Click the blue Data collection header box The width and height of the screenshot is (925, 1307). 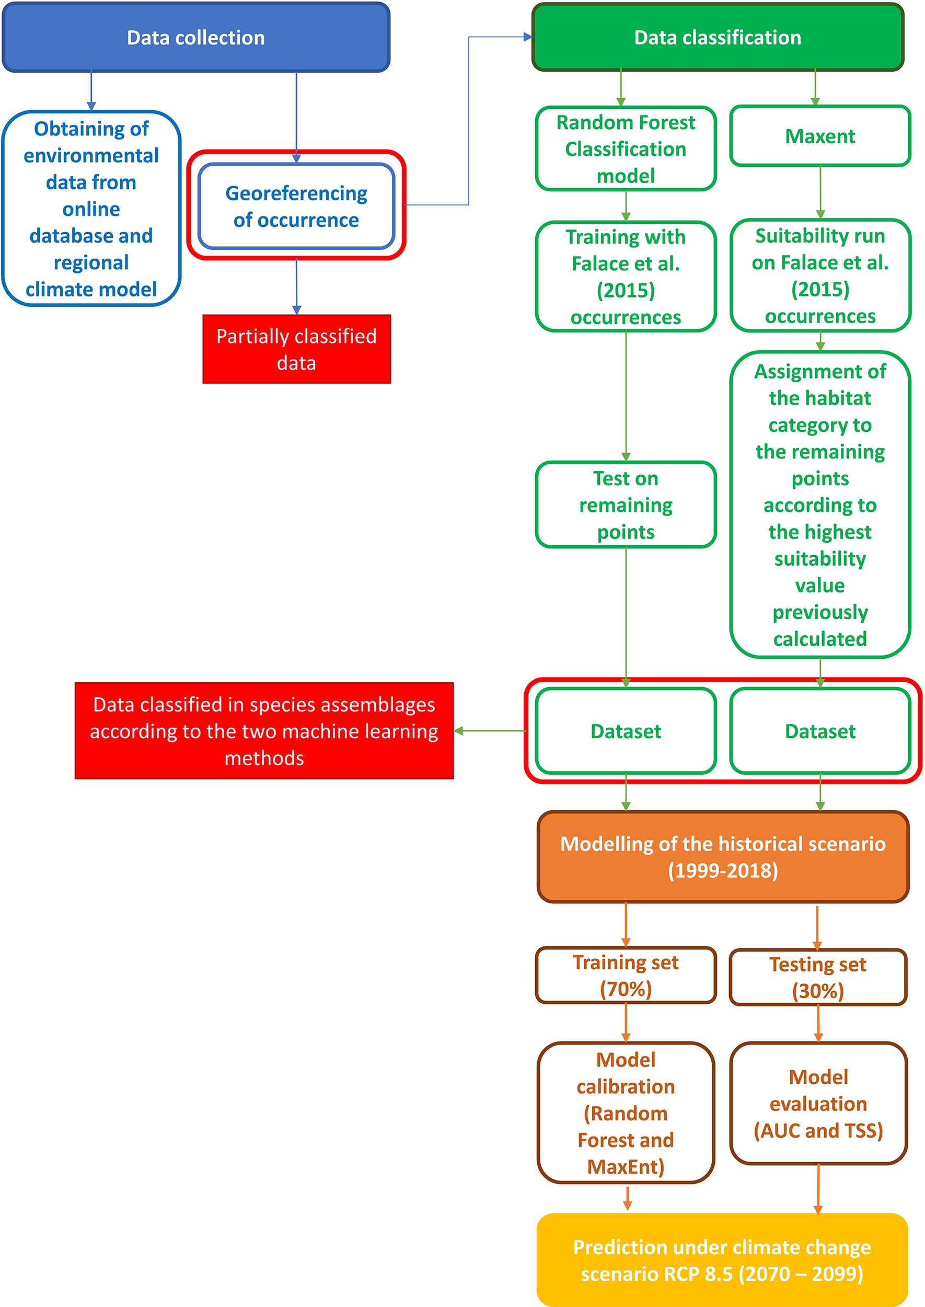click(196, 38)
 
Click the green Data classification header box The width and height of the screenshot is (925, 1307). click(717, 38)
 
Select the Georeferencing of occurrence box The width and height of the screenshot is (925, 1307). click(296, 207)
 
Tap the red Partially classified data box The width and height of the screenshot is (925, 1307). click(296, 349)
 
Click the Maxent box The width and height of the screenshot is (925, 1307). click(819, 136)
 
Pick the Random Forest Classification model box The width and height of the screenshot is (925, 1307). click(626, 148)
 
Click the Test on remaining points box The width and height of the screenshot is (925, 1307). click(626, 505)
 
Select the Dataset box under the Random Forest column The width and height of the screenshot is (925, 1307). click(626, 731)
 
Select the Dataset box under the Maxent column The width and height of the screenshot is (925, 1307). click(819, 731)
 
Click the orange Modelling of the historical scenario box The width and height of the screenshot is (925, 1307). click(722, 857)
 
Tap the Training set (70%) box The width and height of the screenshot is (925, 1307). click(626, 976)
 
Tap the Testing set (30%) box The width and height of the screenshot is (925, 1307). click(817, 977)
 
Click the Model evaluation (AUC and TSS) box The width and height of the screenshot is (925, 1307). click(818, 1103)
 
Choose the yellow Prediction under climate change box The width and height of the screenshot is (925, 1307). click(722, 1260)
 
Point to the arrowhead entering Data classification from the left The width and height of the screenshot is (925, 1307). click(527, 37)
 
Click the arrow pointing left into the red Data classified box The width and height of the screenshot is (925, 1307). click(459, 731)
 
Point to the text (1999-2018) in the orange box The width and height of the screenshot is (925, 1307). click(722, 870)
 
